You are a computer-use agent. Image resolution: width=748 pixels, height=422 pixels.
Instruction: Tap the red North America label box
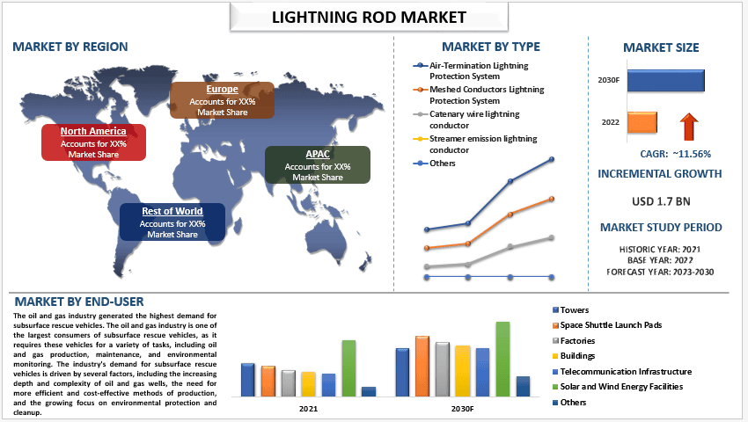coord(93,142)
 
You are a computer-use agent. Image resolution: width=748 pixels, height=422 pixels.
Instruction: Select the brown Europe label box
coord(222,100)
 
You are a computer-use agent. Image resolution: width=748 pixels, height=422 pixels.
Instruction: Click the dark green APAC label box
coord(318,165)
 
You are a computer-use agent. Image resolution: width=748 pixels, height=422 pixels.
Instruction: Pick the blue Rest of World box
coord(172,222)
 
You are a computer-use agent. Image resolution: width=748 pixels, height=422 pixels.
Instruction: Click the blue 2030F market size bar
coord(666,80)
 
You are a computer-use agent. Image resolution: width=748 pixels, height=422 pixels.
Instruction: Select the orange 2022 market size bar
coord(642,122)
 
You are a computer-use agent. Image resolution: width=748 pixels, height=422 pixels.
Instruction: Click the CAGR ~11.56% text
coord(674,154)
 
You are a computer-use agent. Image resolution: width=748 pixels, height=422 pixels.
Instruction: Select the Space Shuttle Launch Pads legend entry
coord(605,325)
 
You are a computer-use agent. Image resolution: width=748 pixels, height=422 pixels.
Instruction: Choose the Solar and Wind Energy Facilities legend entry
coord(621,387)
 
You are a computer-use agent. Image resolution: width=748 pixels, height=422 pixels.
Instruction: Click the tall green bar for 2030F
coord(502,360)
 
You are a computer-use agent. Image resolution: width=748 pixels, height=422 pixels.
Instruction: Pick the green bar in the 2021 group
coord(348,368)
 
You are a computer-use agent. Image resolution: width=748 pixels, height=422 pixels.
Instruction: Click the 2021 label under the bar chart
coord(309,409)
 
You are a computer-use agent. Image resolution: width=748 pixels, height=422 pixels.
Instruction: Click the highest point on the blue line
coord(552,159)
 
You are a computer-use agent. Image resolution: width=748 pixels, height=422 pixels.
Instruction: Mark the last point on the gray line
coord(552,237)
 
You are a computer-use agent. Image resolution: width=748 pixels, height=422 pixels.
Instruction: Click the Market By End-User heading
coord(80,302)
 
